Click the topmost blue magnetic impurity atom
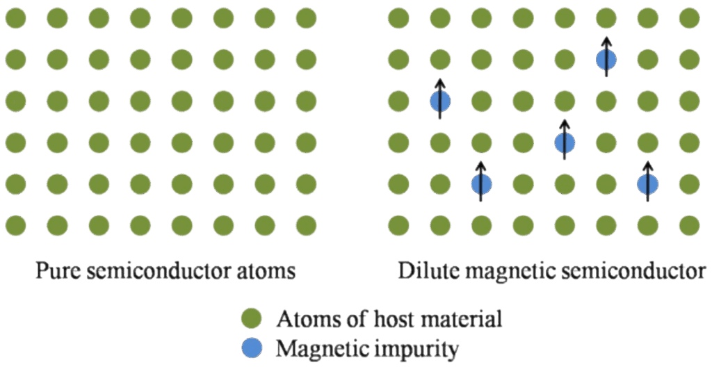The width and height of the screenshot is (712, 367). (606, 60)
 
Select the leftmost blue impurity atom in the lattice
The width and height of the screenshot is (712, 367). (440, 102)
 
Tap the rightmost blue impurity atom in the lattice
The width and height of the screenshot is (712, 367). (647, 184)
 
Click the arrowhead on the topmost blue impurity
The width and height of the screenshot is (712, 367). (606, 40)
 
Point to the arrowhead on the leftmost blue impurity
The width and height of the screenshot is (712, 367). (440, 81)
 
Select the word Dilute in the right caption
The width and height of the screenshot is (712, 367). (425, 270)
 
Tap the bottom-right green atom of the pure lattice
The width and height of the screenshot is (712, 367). (306, 225)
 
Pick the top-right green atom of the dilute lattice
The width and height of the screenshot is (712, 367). (689, 19)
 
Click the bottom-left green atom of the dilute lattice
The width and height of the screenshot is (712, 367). (398, 225)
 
